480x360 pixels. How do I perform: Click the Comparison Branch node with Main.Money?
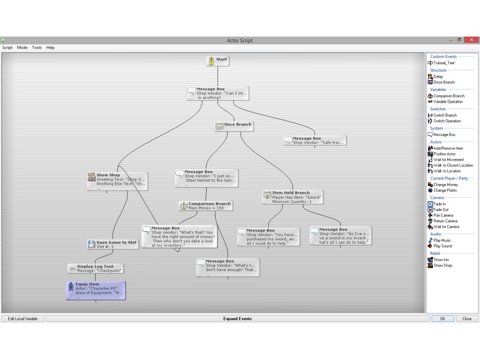pos(206,206)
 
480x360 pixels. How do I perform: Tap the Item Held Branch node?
pos(292,196)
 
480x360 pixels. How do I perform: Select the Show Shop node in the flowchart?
pos(117,180)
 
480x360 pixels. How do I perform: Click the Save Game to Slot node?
pos(112,244)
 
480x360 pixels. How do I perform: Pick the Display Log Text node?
pos(96,268)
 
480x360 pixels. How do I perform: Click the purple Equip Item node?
pos(96,290)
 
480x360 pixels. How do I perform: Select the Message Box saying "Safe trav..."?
pos(315,140)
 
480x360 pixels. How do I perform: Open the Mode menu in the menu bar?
pos(22,48)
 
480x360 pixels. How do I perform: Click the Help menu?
pos(50,48)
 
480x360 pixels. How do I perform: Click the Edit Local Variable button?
pos(23,319)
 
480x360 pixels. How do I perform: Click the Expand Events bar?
pos(238,319)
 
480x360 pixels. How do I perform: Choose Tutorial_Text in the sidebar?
pos(443,63)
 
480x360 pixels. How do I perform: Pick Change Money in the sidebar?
pos(445,185)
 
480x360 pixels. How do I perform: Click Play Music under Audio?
pos(442,240)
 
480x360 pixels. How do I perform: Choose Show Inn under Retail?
pos(442,260)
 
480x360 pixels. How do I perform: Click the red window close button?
pos(471,40)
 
